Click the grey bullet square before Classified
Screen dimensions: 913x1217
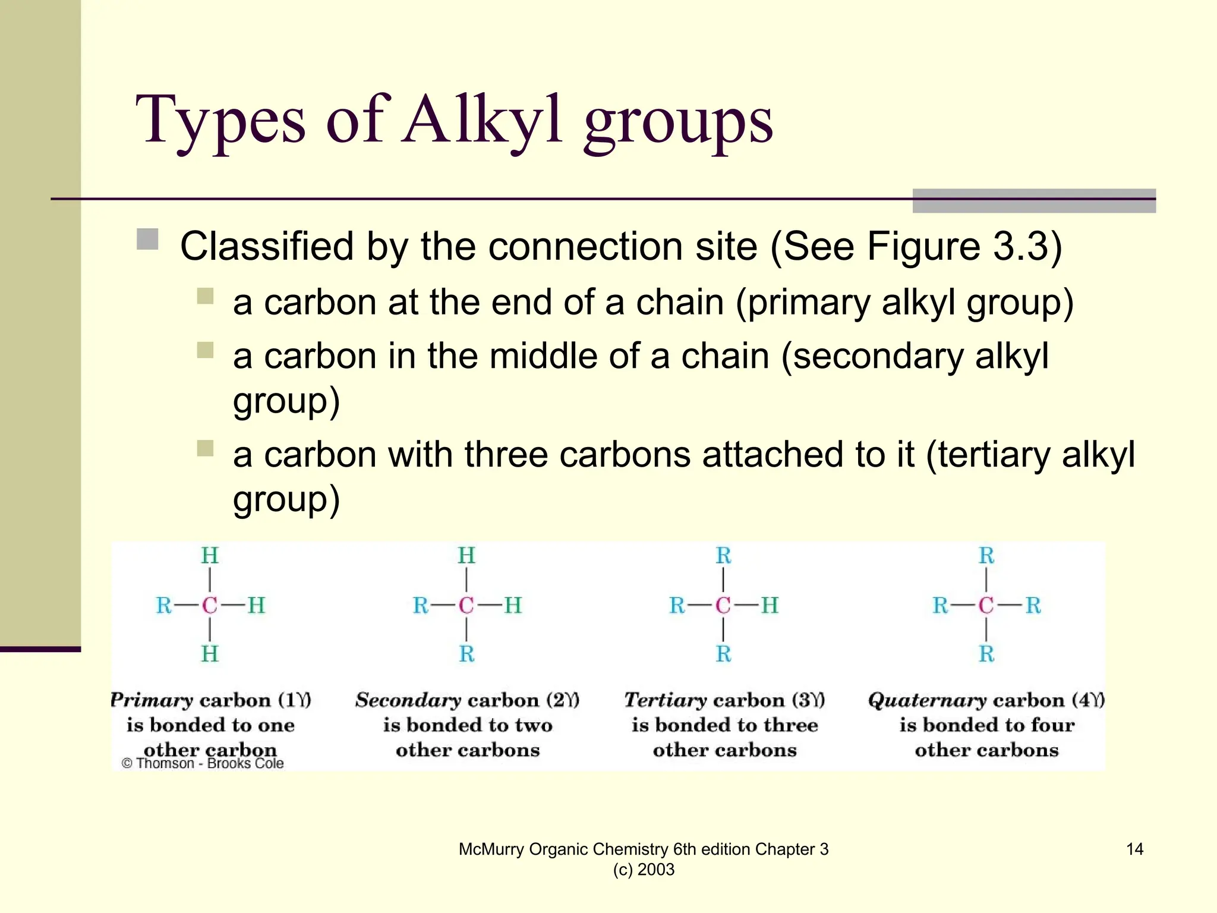pos(147,240)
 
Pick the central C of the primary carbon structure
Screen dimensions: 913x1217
pos(210,606)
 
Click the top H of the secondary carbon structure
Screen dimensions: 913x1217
pos(466,556)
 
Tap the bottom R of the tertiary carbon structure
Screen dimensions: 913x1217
pos(723,654)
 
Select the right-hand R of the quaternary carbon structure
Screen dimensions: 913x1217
pos(1033,606)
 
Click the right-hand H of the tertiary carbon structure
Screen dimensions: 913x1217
pos(770,606)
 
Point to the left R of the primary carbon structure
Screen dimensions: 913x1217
pos(163,606)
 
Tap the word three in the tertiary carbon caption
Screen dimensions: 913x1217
pos(788,725)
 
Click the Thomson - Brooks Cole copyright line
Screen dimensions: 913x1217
pos(203,764)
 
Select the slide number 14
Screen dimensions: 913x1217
pos(1134,849)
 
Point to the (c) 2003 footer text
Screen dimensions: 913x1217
pos(644,870)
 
